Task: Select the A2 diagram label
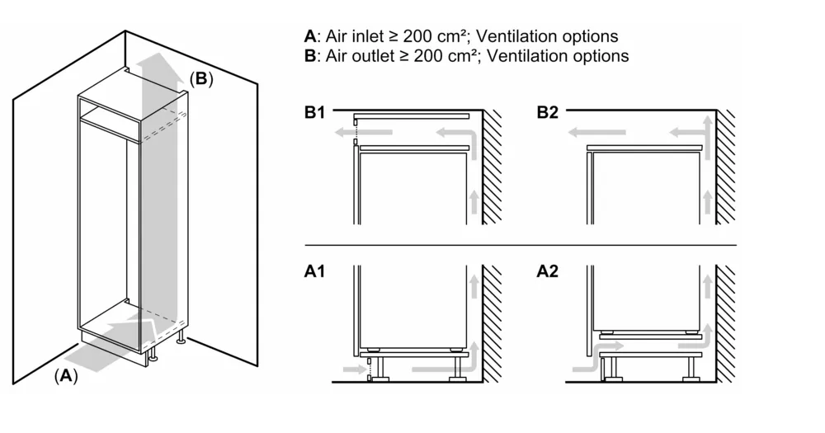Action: [549, 271]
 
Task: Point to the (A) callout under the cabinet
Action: [66, 376]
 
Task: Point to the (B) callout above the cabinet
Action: [201, 79]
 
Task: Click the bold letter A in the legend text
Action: [309, 37]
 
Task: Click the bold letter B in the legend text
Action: [309, 56]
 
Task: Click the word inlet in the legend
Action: [368, 37]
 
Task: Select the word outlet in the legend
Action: [373, 56]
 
